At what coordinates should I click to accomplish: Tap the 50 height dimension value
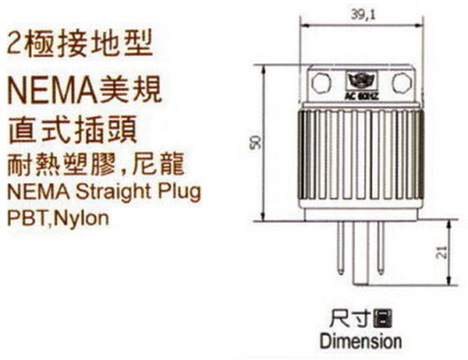pyautogui.click(x=254, y=143)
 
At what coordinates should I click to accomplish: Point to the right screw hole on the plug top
pyautogui.click(x=402, y=81)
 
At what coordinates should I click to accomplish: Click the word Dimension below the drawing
pyautogui.click(x=360, y=341)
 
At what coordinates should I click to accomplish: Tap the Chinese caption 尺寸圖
pyautogui.click(x=360, y=318)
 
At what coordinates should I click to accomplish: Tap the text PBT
pyautogui.click(x=24, y=217)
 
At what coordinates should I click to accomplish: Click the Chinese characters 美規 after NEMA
pyautogui.click(x=133, y=90)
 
